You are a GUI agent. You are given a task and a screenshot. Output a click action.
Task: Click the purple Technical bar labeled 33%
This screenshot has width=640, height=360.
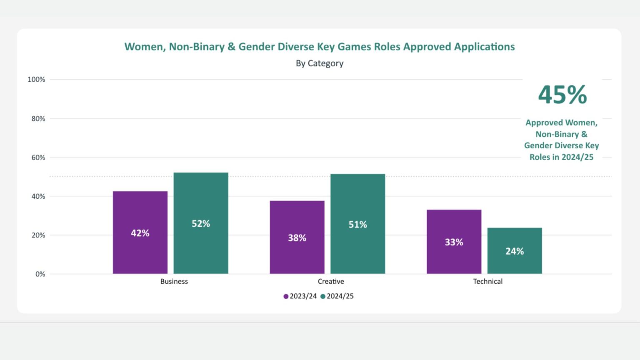[x=454, y=242]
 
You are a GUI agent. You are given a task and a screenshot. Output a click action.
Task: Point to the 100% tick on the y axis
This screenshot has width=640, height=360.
[x=36, y=79]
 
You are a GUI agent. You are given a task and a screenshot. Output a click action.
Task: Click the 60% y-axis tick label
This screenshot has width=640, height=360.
[x=38, y=157]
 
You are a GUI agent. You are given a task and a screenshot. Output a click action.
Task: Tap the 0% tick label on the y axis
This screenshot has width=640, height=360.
[x=40, y=274]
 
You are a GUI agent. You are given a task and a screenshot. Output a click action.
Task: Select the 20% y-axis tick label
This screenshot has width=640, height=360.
[x=38, y=235]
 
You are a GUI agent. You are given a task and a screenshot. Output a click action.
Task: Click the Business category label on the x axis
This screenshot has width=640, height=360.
[x=174, y=281]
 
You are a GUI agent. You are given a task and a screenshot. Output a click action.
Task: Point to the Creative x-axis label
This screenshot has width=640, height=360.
[x=331, y=281]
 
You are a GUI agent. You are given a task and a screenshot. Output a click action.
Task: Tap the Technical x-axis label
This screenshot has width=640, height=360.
[x=487, y=281]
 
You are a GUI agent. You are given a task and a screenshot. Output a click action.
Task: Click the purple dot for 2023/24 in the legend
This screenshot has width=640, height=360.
[x=286, y=296]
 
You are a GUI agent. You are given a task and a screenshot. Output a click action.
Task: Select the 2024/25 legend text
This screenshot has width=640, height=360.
[x=340, y=296]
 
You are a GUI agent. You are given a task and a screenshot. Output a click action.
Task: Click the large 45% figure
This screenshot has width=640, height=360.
[x=562, y=95]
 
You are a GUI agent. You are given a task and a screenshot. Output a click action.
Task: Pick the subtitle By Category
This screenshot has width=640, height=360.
[x=320, y=63]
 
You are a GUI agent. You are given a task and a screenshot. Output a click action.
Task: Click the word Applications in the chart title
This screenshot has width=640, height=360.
[x=484, y=47]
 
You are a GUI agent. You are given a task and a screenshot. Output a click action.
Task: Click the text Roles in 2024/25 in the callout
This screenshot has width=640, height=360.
[x=561, y=157]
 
